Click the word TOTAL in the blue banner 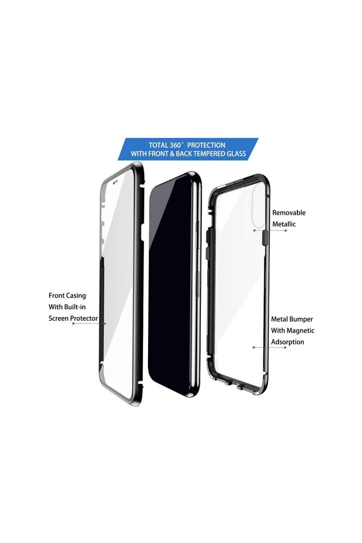point(158,145)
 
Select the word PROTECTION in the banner point(206,145)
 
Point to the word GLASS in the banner point(237,154)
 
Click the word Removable point(288,213)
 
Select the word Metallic point(284,224)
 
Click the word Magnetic point(300,331)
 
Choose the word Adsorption point(287,342)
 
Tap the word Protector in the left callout point(84,319)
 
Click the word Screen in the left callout point(58,319)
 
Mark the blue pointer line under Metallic point(270,230)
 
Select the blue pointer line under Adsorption point(269,348)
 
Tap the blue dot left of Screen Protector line point(73,323)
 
